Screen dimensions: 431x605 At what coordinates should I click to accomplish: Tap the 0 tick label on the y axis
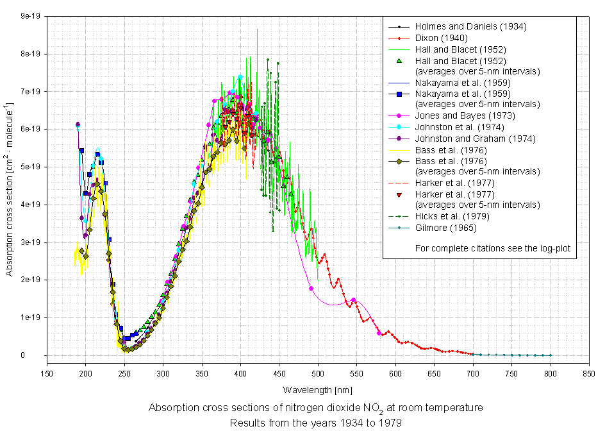click(x=40, y=355)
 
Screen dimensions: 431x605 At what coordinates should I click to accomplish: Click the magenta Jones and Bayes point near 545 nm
click(x=353, y=300)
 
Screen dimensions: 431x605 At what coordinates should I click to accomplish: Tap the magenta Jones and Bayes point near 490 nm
click(x=311, y=289)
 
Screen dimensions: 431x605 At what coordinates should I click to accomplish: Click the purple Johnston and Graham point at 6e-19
click(x=78, y=124)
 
